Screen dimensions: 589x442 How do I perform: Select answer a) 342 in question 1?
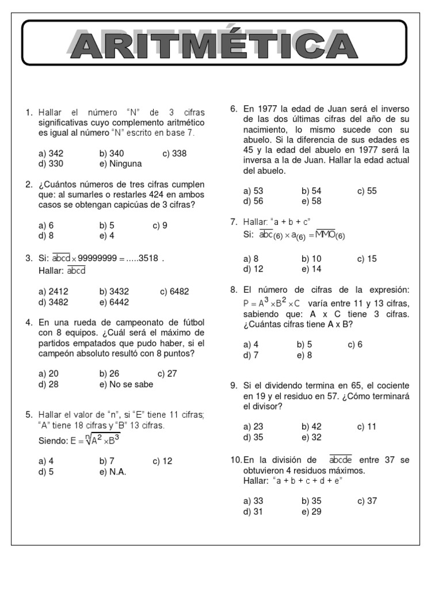point(51,154)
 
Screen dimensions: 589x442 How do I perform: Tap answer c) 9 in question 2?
point(160,225)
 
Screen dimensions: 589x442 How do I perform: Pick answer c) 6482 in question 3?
point(174,292)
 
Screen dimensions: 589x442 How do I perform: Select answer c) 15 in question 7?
point(367,259)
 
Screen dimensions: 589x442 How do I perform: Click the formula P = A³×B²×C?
point(272,303)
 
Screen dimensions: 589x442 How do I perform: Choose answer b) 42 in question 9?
point(311,426)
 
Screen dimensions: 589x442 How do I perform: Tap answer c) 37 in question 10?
point(367,500)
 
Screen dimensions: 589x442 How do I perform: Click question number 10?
point(235,460)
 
